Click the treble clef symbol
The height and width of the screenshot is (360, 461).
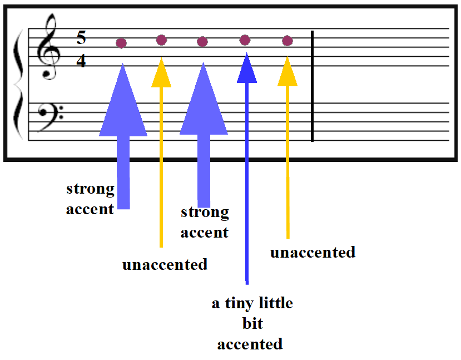(x=49, y=47)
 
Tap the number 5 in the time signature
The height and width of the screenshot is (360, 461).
(x=81, y=37)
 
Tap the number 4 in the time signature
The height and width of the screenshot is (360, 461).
(x=81, y=61)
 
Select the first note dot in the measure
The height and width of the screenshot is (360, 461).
(x=121, y=43)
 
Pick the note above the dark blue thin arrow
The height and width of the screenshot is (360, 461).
(x=245, y=40)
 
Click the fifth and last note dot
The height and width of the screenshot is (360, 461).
(x=287, y=41)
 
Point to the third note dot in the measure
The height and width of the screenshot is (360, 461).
(x=202, y=42)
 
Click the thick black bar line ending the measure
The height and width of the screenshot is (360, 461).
(x=312, y=86)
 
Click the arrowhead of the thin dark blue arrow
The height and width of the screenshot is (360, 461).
(x=247, y=68)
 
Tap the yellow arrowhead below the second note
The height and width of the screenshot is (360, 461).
(x=161, y=73)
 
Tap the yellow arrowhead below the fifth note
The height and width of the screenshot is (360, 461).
(x=287, y=71)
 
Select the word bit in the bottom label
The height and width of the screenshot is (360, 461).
(x=252, y=323)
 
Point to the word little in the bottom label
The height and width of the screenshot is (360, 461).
(x=276, y=303)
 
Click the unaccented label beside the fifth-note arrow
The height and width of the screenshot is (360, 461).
(x=313, y=253)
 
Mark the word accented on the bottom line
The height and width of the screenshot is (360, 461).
(x=250, y=344)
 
